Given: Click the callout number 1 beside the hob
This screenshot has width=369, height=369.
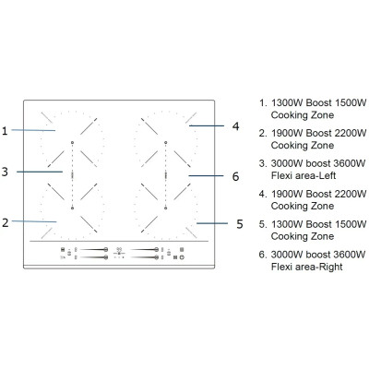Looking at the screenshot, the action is [x=5, y=131].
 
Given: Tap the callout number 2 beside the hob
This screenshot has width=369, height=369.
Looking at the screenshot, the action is [x=6, y=222].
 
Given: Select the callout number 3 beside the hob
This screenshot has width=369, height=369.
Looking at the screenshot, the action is [x=5, y=172].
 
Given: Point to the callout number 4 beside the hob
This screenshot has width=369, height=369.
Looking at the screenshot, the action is [x=235, y=126].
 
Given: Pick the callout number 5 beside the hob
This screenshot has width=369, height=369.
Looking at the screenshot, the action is [x=240, y=224].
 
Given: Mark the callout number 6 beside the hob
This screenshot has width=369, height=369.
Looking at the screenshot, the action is [x=235, y=176].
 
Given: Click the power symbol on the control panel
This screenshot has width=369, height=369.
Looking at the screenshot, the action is [x=182, y=257].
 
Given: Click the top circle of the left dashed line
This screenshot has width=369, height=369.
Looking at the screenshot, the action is [x=72, y=143].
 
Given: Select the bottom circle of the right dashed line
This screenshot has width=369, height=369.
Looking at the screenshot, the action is [x=166, y=208].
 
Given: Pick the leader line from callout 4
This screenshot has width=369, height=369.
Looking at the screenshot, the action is [x=207, y=125].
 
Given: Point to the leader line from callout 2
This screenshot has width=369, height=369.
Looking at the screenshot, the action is [x=34, y=221].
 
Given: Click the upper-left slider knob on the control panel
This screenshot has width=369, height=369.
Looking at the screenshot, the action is [x=106, y=249].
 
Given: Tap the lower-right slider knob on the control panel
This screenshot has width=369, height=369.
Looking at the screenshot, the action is [x=157, y=257].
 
